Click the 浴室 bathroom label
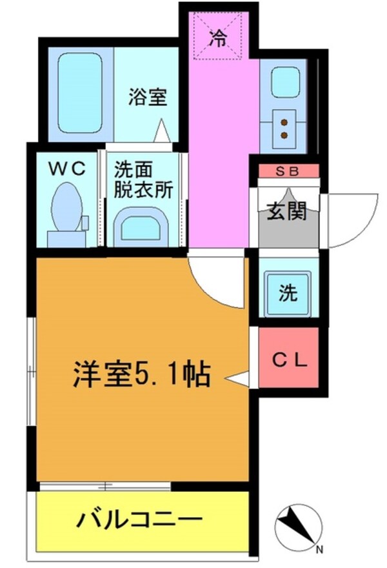pos(148,98)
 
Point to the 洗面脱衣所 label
pos(143,180)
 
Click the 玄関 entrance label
pos(286,211)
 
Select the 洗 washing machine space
pos(288,294)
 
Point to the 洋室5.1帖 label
pos(141,372)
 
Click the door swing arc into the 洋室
pos(216,281)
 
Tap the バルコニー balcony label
pos(141,519)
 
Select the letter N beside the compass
pos(319,550)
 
